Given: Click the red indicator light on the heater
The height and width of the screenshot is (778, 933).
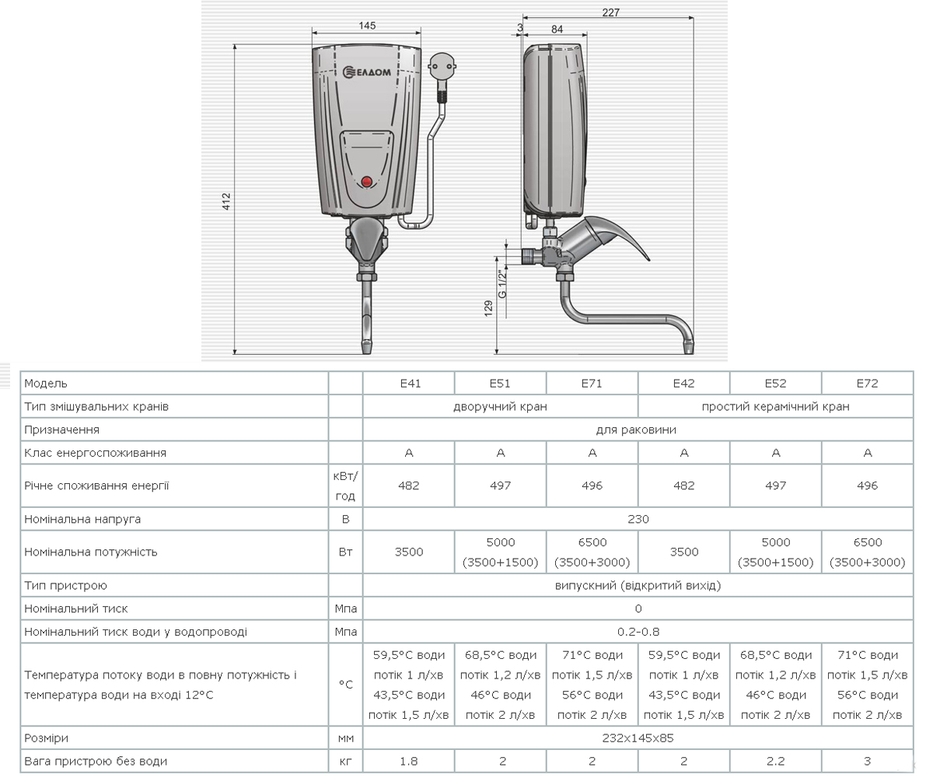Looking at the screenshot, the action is (366, 181).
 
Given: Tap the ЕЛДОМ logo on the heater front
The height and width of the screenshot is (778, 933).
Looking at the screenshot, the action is (367, 72).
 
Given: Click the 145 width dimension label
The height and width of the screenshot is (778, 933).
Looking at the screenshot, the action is (367, 26).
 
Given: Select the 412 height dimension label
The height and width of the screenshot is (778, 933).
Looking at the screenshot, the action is (226, 202).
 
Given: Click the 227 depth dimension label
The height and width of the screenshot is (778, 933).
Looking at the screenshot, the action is (610, 12).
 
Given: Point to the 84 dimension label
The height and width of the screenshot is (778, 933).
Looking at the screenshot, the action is (557, 30).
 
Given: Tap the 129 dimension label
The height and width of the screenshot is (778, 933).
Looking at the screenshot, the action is (488, 309).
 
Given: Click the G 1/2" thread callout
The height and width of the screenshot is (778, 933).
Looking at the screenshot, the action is (503, 283).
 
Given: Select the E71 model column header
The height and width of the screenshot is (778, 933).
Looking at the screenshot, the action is (592, 384).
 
